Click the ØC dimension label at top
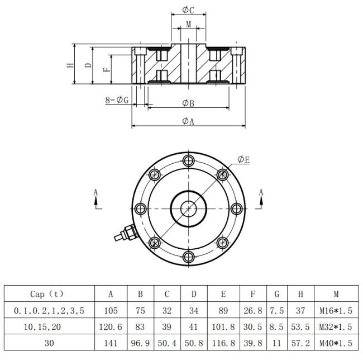(x=188, y=10)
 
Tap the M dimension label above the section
(x=189, y=24)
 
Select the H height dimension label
(x=70, y=65)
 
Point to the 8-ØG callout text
(x=117, y=100)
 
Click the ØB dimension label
(x=188, y=103)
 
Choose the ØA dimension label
(x=188, y=121)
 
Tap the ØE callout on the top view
(x=244, y=160)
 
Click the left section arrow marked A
(x=95, y=199)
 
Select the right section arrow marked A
(x=261, y=199)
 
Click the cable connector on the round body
(x=126, y=233)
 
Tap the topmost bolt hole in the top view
(x=189, y=160)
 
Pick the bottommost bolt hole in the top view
(x=189, y=257)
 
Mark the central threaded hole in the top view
(x=189, y=209)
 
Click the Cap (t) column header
(x=46, y=294)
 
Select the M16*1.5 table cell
(x=336, y=310)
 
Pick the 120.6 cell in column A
(x=111, y=327)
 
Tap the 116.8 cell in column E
(x=223, y=343)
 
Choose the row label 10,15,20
(x=42, y=327)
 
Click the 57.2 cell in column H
(x=300, y=343)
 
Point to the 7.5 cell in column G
(x=276, y=310)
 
